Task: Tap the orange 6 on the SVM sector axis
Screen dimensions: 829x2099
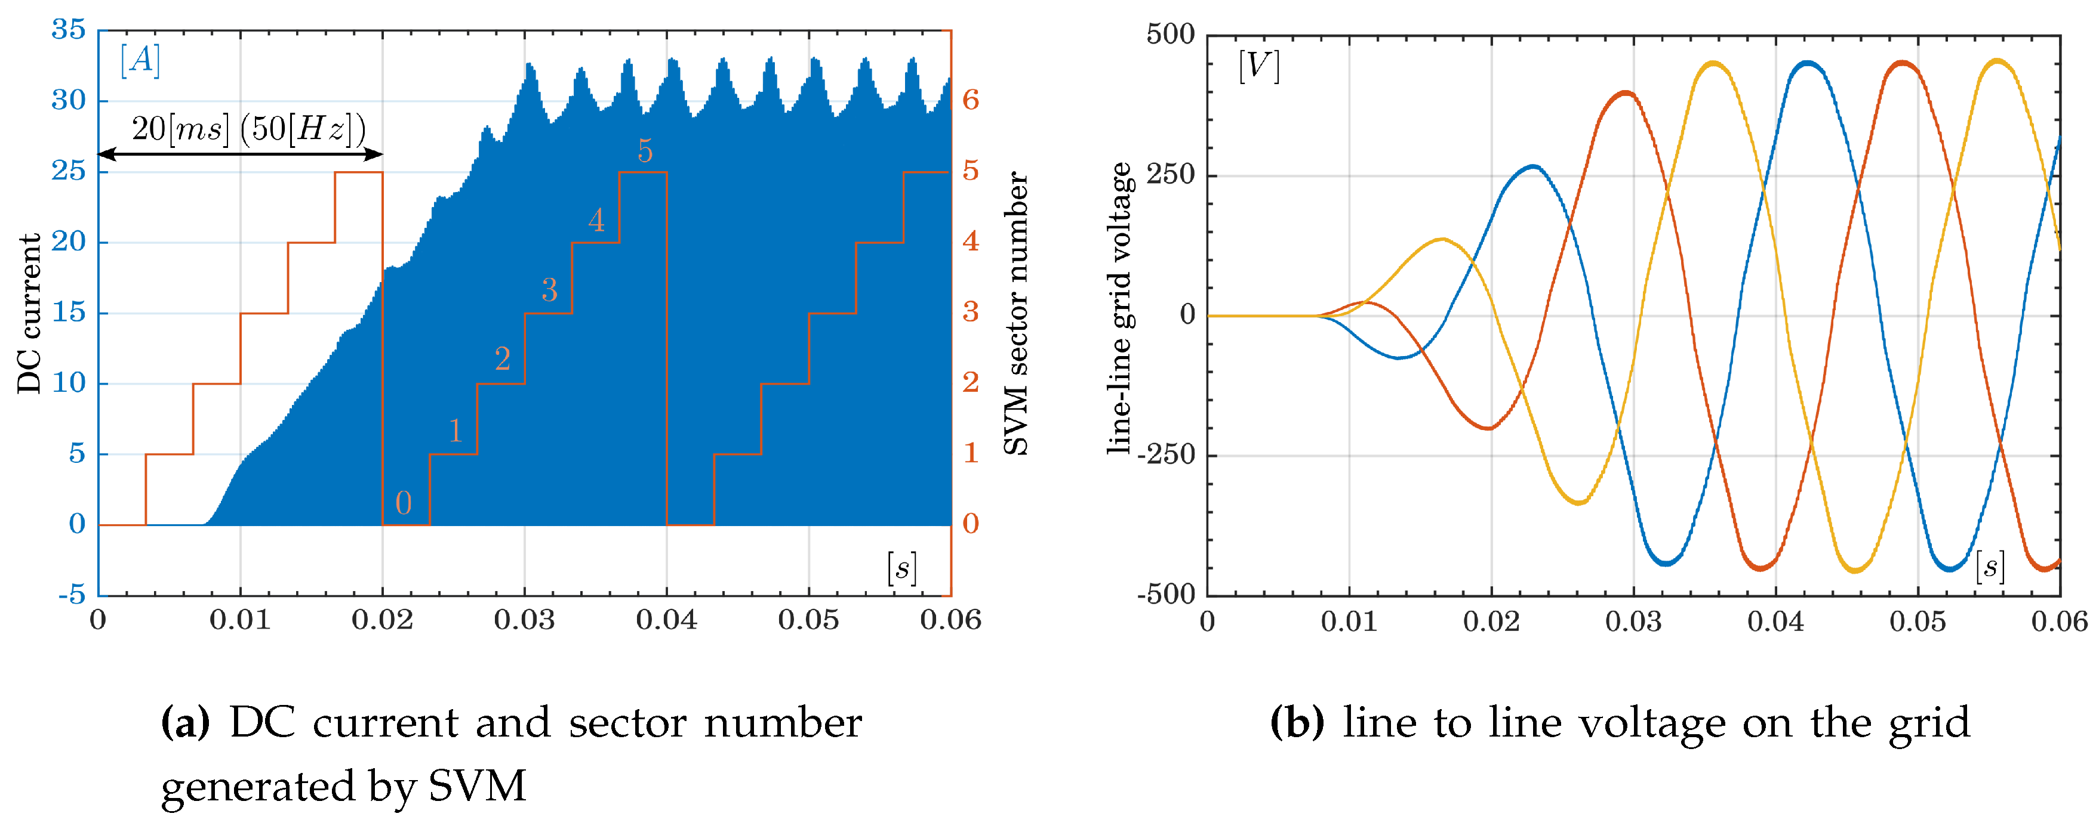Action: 970,100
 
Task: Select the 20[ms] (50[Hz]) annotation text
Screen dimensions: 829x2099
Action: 248,129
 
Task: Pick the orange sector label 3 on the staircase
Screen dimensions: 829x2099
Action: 549,290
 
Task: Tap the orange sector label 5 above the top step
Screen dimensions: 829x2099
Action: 645,151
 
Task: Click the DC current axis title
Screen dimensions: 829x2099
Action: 29,314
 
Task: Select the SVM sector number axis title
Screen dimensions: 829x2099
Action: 1015,314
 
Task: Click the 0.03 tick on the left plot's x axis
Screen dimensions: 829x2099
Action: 524,620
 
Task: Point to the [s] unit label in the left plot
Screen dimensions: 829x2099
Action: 901,568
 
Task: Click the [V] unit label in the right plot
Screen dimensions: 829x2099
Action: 1258,65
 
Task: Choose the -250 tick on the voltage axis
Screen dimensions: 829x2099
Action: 1165,454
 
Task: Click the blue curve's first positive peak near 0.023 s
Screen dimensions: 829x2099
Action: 1534,167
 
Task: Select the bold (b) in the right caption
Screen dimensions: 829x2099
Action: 1297,723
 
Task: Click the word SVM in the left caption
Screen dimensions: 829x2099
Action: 478,787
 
